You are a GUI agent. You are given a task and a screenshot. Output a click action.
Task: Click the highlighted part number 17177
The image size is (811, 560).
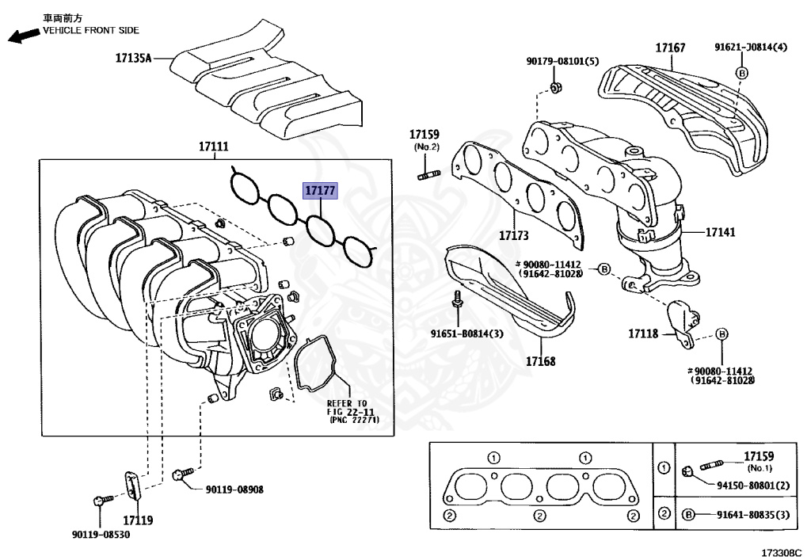(x=320, y=191)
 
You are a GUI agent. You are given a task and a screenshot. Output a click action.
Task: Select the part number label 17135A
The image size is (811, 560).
(x=132, y=58)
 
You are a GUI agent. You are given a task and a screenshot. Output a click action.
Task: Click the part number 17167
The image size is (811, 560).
(x=670, y=48)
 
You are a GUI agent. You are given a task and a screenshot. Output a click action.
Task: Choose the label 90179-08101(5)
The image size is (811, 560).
(x=563, y=61)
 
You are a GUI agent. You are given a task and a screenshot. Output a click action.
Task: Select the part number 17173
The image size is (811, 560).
(x=513, y=235)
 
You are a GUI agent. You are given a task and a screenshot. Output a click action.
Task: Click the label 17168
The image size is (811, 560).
(x=541, y=361)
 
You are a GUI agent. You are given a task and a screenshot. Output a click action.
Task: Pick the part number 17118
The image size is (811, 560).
(x=643, y=334)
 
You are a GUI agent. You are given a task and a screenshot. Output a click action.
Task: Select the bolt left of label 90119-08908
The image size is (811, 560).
(x=179, y=475)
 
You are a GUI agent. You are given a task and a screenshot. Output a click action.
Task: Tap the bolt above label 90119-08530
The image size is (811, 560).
(x=97, y=501)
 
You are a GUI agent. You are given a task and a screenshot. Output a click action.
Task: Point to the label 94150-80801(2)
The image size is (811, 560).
(x=754, y=485)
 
